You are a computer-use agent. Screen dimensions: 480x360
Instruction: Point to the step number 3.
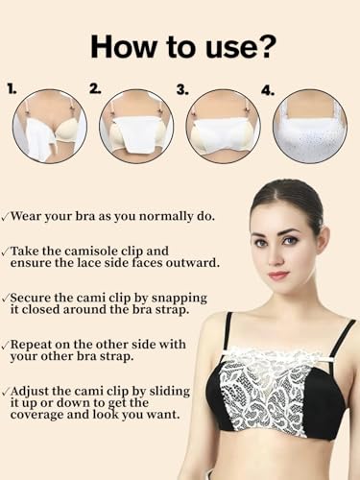[182, 88]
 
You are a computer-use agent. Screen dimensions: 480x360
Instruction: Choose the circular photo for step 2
[136, 126]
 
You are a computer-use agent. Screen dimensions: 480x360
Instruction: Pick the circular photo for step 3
[223, 126]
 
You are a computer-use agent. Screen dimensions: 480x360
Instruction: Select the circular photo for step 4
[309, 126]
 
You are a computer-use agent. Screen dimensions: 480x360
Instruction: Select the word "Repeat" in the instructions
[39, 344]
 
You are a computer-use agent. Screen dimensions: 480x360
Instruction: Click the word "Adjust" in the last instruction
[38, 391]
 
